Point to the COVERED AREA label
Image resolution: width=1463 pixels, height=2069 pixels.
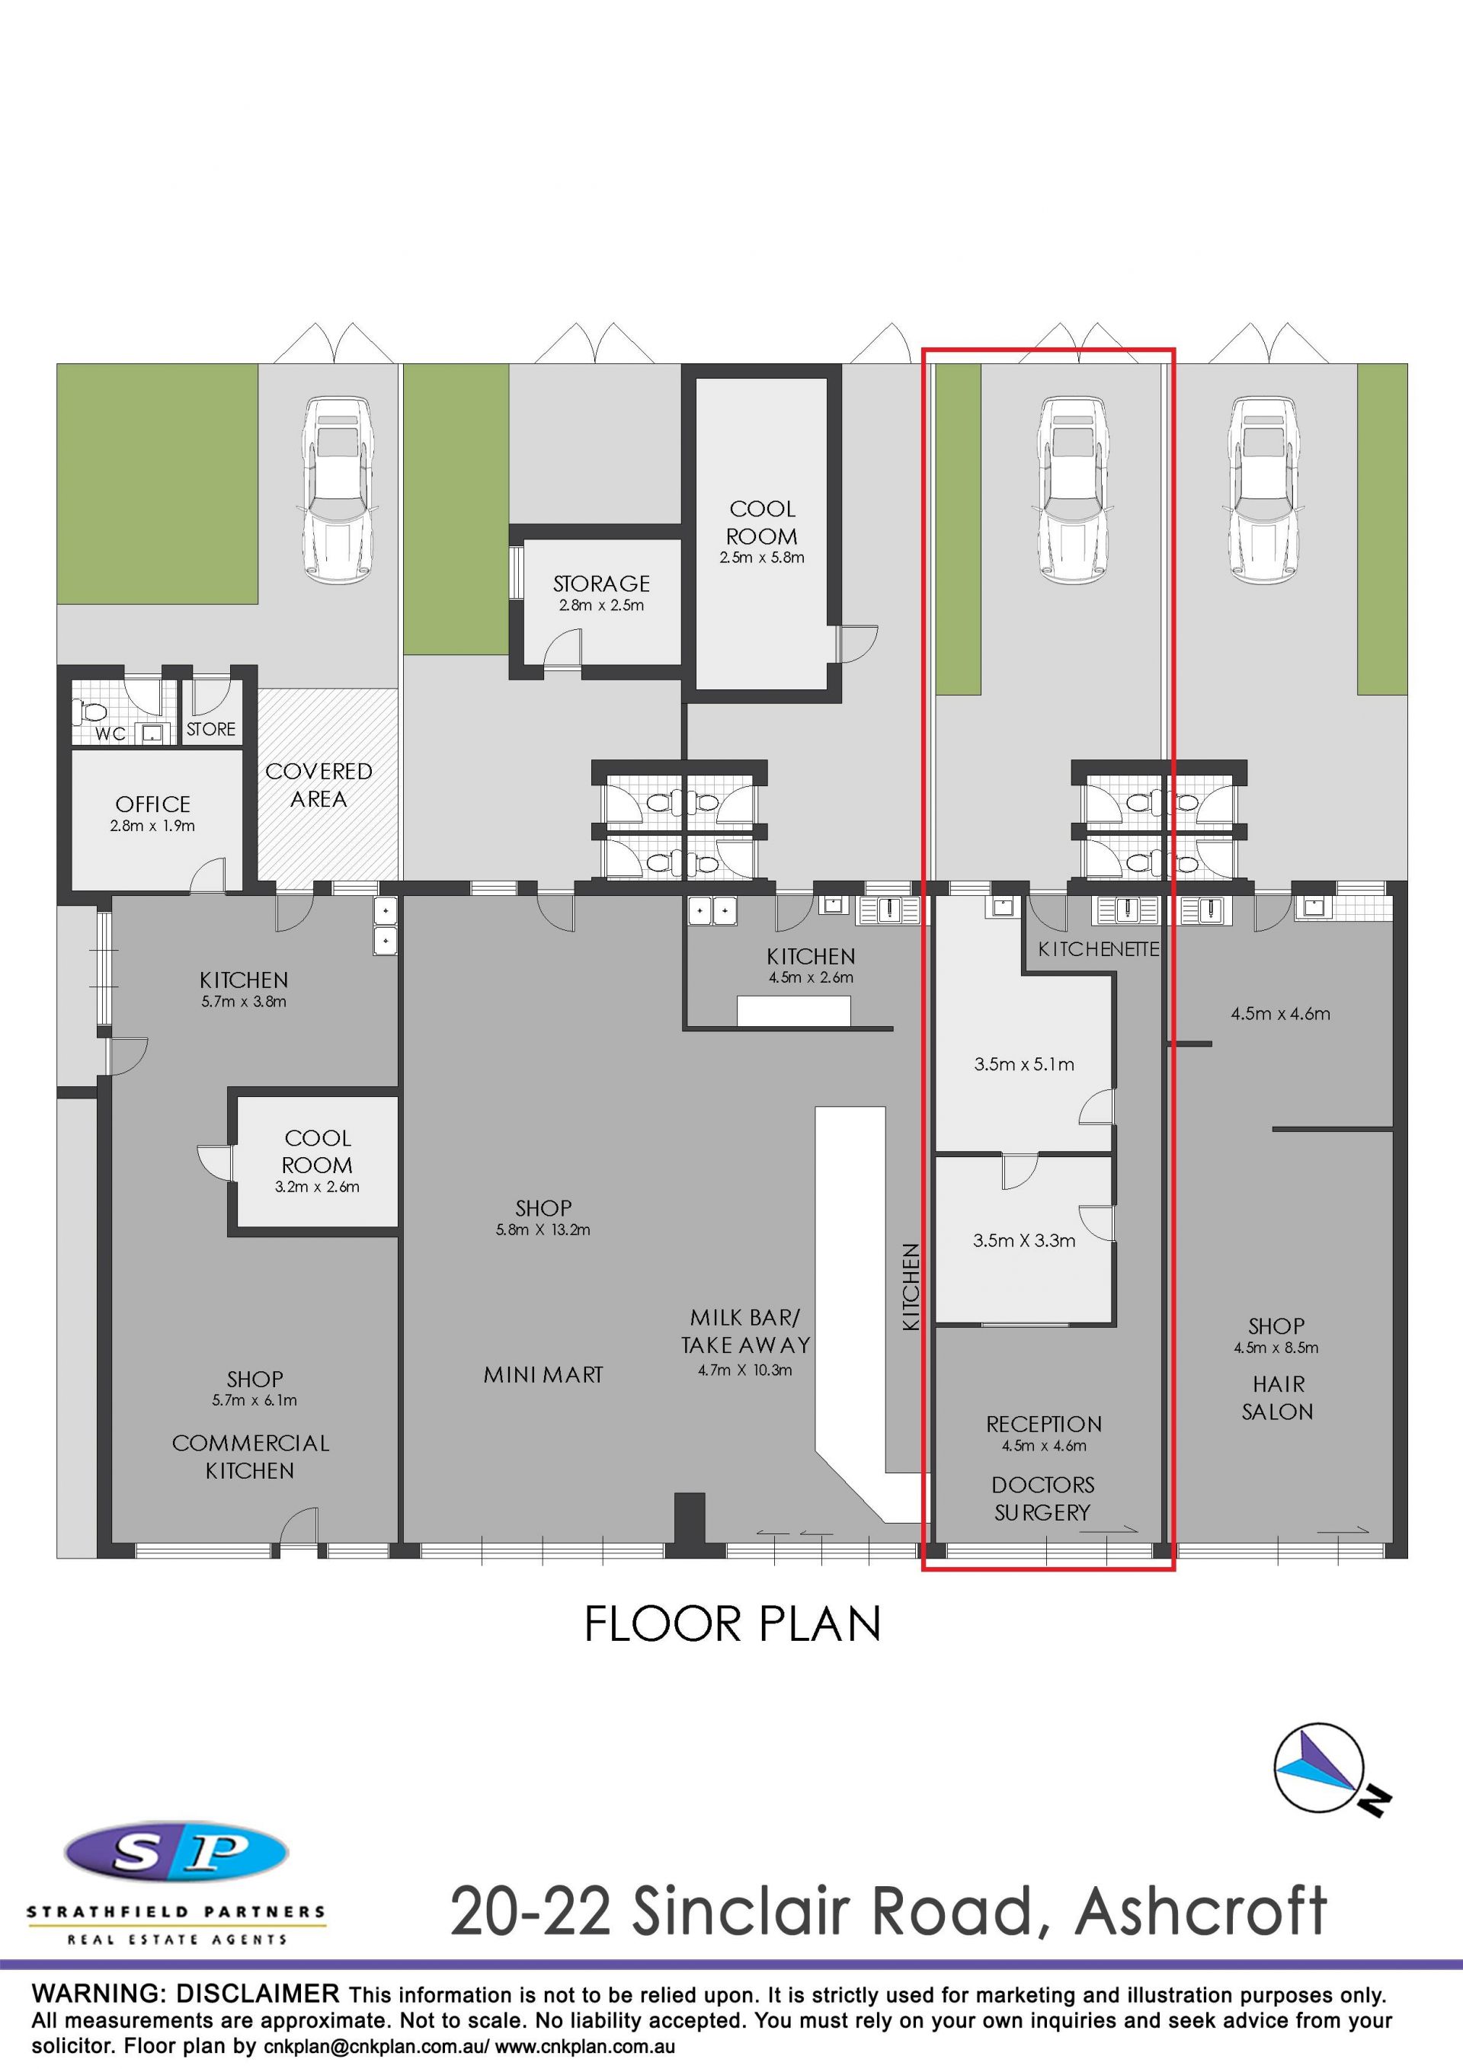click(x=319, y=785)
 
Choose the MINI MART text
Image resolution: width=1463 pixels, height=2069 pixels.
click(x=543, y=1375)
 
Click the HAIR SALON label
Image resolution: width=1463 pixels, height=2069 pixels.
click(x=1278, y=1398)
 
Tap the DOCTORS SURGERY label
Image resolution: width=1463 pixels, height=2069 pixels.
click(x=1043, y=1498)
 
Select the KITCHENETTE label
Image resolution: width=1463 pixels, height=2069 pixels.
click(x=1098, y=949)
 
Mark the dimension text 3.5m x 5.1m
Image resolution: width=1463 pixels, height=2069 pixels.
click(x=1024, y=1064)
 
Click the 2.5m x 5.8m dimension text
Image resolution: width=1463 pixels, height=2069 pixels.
click(x=762, y=558)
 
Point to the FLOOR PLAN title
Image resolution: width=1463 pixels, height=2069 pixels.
click(x=733, y=1624)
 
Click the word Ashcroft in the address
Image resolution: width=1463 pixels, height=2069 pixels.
click(x=1201, y=1911)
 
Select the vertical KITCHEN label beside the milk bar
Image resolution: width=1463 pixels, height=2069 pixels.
click(x=911, y=1287)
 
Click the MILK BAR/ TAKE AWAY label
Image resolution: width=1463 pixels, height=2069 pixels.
click(x=745, y=1332)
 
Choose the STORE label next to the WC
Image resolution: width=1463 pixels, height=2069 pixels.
click(x=211, y=729)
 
